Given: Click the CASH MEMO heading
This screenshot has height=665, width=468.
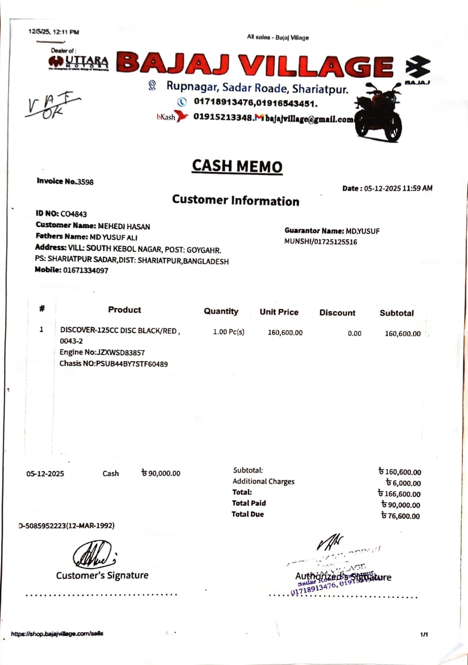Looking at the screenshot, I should [x=237, y=166].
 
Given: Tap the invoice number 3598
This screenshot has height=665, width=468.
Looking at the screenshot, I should [x=86, y=182].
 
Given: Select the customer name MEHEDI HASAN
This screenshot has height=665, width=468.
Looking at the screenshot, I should [x=124, y=227].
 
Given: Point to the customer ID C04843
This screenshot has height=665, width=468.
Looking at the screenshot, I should [x=74, y=214].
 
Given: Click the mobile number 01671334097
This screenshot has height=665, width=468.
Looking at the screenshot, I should [x=86, y=270].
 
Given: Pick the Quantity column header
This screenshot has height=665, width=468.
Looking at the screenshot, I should [x=221, y=311].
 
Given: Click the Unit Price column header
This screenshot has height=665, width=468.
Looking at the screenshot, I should [x=279, y=312].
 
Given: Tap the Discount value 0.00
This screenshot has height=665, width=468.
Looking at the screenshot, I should [x=354, y=333].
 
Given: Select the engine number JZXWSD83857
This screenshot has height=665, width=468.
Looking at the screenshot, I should [x=120, y=352].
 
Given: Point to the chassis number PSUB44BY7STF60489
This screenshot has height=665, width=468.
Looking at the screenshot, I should [x=132, y=364].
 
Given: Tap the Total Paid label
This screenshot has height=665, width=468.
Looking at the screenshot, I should [x=249, y=503].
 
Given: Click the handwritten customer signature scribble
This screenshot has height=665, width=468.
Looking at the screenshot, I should [x=94, y=554].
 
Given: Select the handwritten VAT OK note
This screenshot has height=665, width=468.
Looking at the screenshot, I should [x=52, y=106].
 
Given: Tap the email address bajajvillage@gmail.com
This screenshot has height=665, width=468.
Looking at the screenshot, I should [x=309, y=119].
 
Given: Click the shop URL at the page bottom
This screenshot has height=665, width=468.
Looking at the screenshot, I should [x=57, y=634].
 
